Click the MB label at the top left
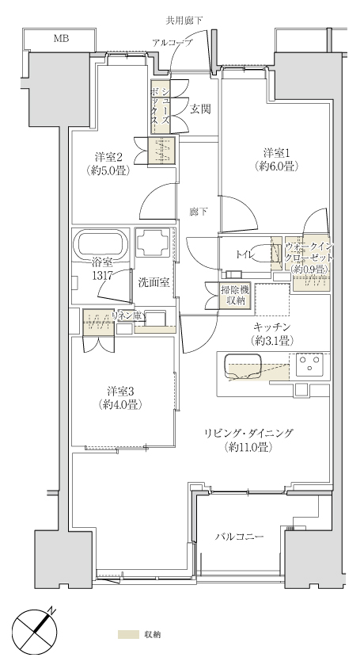61,39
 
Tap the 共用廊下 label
184,20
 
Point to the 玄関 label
200,109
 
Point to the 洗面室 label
154,282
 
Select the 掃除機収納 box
234,295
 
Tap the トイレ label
245,255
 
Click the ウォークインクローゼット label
309,258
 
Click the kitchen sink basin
243,366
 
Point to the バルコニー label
239,537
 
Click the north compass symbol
35,631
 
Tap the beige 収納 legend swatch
128,634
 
